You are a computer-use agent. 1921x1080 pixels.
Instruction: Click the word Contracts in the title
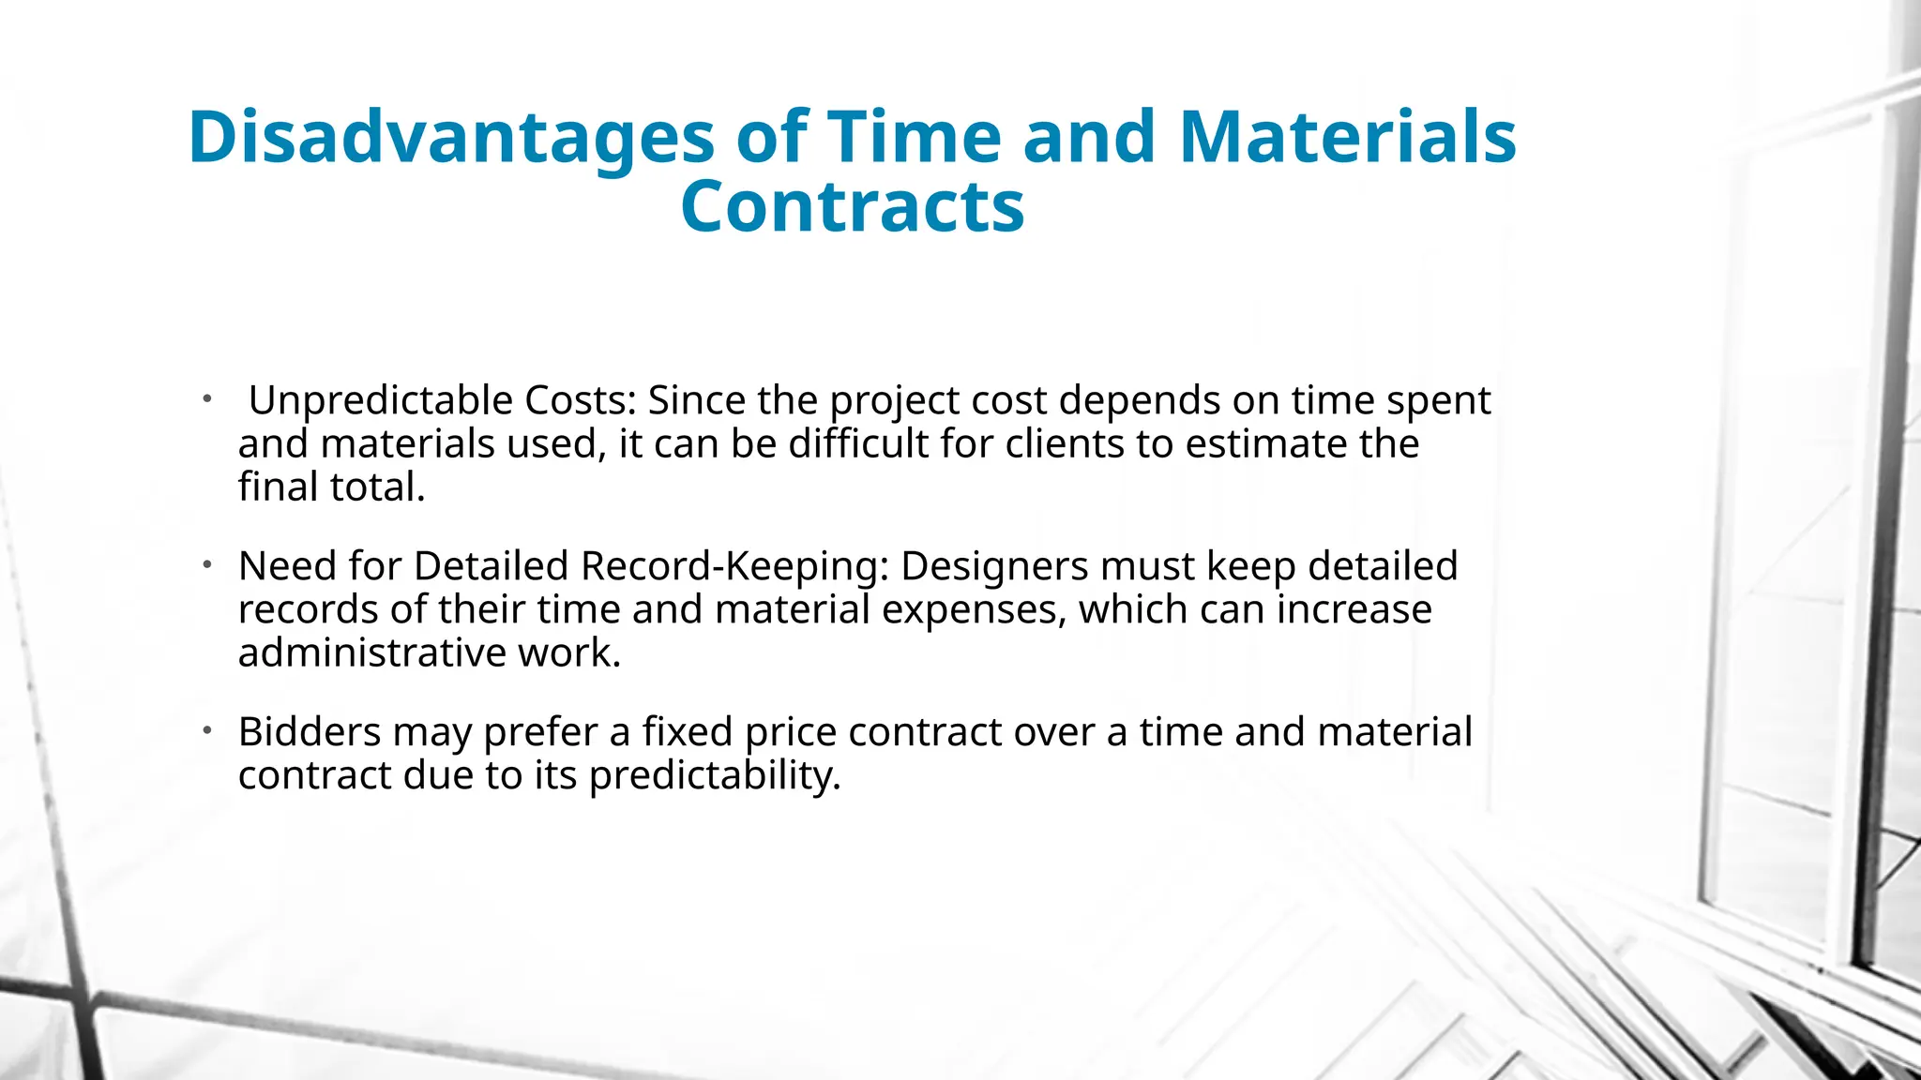[852, 207]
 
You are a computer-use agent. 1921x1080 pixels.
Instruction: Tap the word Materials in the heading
[1347, 137]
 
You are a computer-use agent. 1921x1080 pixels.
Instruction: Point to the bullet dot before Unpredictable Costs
[207, 398]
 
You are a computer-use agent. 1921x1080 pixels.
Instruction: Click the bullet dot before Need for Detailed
[207, 564]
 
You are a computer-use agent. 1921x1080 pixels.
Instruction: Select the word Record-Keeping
[734, 567]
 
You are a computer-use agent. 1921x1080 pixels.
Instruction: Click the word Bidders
[309, 732]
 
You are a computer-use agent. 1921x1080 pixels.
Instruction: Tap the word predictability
[715, 776]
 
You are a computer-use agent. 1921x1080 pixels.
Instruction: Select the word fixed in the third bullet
[687, 732]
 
